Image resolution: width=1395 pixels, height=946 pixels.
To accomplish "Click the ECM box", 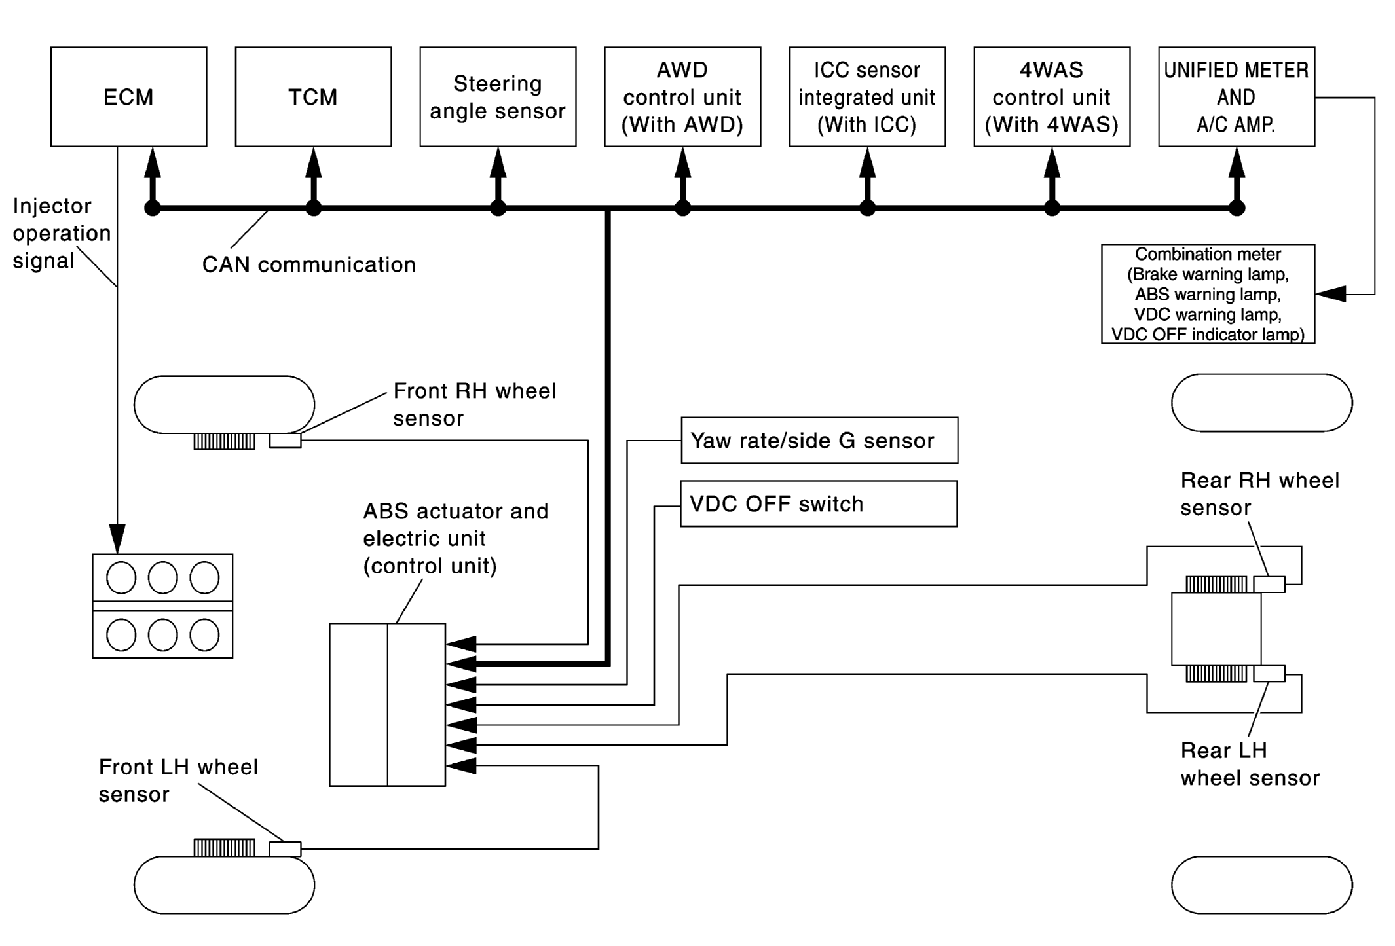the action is coord(128,97).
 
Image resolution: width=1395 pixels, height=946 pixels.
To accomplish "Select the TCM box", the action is coord(313,97).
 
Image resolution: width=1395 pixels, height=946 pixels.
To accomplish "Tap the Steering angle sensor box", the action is coord(498,97).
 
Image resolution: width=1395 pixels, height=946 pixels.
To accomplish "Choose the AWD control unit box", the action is coord(682,97).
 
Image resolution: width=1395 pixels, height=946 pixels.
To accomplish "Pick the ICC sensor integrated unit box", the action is coord(867,97).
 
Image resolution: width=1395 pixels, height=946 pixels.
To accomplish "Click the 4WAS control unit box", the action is coord(1052,97).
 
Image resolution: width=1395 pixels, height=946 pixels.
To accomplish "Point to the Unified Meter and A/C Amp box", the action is coord(1237,97).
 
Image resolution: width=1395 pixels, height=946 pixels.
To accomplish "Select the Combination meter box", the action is coord(1208,294).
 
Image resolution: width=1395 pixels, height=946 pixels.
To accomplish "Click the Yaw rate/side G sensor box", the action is coord(819,440).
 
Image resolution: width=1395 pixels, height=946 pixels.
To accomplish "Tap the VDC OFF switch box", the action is coord(819,503).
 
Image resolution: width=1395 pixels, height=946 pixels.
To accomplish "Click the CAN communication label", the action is coord(309,264).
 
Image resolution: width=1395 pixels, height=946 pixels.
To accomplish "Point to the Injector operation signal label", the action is coord(62,233).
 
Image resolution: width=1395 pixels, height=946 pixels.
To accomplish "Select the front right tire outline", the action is coord(224,376).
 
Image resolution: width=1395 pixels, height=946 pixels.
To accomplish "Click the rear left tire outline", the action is coord(1261,857).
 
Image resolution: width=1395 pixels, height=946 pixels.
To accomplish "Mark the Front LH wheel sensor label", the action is coord(178,780).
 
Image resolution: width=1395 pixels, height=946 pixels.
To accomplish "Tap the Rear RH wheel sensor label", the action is coord(1259,494).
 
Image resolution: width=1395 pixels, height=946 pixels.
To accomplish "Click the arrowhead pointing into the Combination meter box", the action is coord(1330,294).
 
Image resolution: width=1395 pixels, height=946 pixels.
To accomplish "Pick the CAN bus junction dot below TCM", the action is coord(314,208).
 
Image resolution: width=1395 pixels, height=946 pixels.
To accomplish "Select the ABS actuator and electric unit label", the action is coord(456,538).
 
